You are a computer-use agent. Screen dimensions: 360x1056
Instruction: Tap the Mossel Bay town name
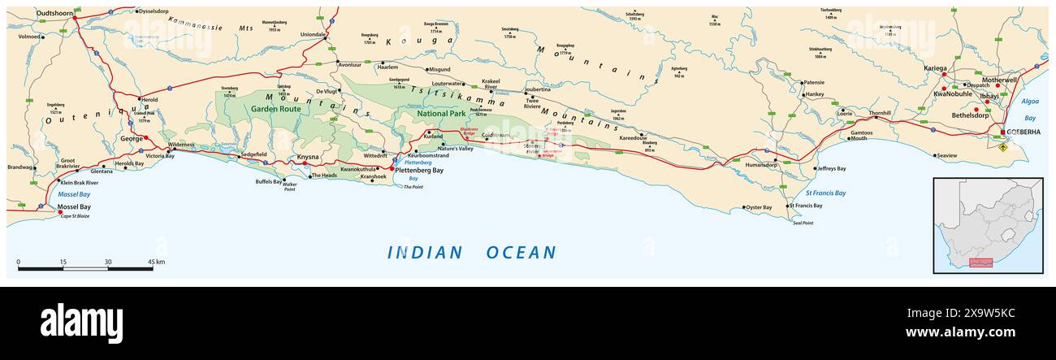click(74, 207)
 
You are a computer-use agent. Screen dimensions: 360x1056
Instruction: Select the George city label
click(132, 139)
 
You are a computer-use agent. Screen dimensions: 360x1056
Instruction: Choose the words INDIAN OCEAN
click(472, 253)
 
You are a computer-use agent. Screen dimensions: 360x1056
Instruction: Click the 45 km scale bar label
click(156, 262)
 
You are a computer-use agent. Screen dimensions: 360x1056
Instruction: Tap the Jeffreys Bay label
click(831, 169)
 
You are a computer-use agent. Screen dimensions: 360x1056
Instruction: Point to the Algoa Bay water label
click(1029, 110)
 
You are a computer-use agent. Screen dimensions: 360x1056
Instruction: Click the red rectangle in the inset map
click(981, 263)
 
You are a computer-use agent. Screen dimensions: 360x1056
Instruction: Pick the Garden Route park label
click(275, 108)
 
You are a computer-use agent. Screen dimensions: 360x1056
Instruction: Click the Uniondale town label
click(313, 35)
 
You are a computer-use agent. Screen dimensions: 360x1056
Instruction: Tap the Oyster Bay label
click(759, 207)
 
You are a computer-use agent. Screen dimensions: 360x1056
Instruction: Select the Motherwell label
click(999, 80)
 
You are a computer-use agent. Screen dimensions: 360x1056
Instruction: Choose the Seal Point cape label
click(803, 223)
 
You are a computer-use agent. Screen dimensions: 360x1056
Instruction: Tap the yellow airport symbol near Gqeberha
click(1002, 148)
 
